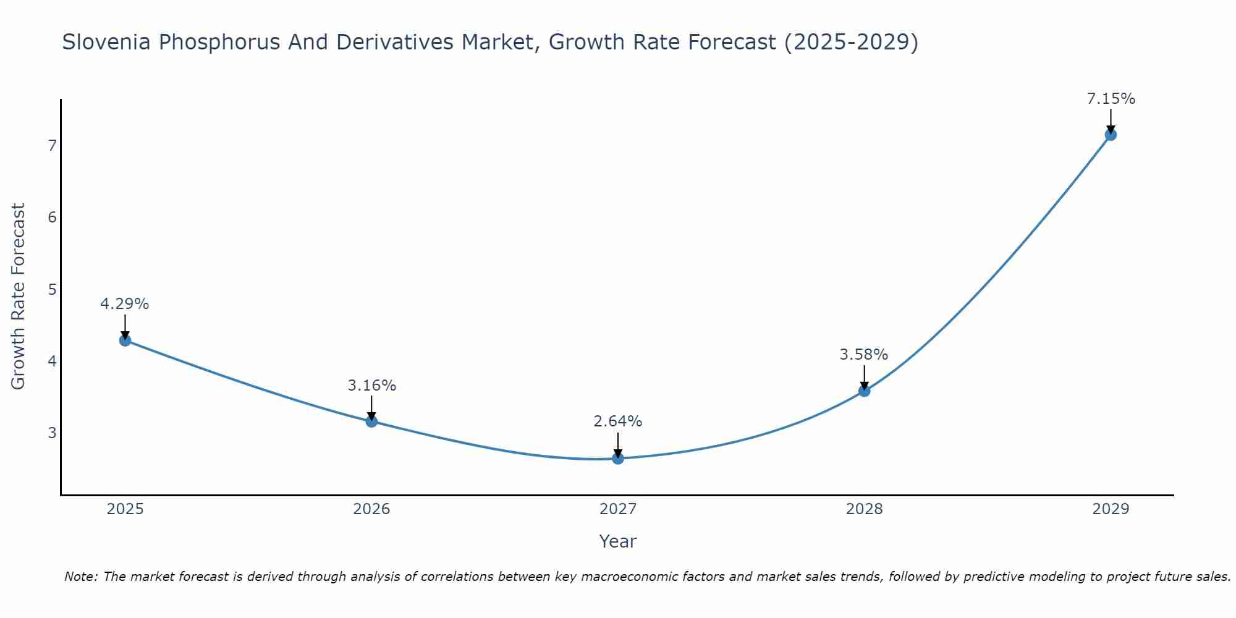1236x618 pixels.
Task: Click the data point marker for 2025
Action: pyautogui.click(x=125, y=340)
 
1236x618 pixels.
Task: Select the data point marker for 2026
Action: pyautogui.click(x=371, y=421)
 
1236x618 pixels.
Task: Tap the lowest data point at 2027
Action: pyautogui.click(x=618, y=459)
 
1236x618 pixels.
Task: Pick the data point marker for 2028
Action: pyautogui.click(x=864, y=391)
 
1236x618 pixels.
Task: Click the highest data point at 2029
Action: pyautogui.click(x=1111, y=135)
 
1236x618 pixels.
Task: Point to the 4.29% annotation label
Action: pyautogui.click(x=125, y=304)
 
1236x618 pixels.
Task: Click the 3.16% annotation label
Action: pyautogui.click(x=371, y=386)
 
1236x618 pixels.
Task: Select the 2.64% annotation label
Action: pyautogui.click(x=618, y=421)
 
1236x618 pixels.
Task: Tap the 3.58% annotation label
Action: pyautogui.click(x=864, y=355)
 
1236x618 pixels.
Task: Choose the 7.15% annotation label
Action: pyautogui.click(x=1111, y=99)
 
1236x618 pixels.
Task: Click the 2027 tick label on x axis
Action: pyautogui.click(x=618, y=509)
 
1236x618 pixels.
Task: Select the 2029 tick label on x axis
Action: pyautogui.click(x=1111, y=509)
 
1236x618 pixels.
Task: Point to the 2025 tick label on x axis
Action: pyautogui.click(x=125, y=509)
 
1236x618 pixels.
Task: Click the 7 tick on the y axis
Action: pyautogui.click(x=52, y=146)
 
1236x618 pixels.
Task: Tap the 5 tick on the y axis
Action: pyautogui.click(x=52, y=289)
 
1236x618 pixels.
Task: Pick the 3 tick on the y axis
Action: pyautogui.click(x=52, y=433)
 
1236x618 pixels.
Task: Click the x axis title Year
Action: pyautogui.click(x=618, y=541)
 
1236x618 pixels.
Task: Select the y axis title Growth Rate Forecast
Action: pyautogui.click(x=19, y=297)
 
